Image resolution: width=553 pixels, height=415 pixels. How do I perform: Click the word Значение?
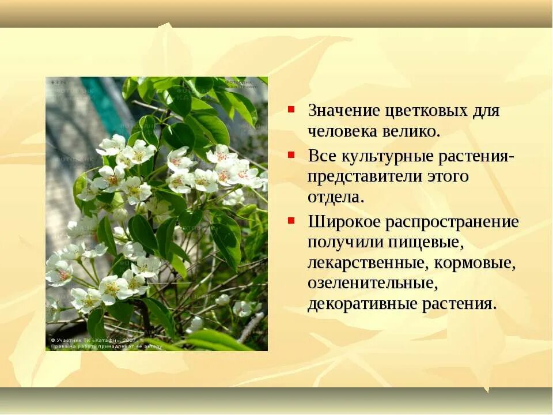click(x=343, y=111)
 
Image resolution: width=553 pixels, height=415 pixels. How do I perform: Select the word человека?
click(x=342, y=131)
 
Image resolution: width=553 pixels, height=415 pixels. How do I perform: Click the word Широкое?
click(x=343, y=222)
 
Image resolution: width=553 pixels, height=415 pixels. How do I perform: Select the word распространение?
click(x=452, y=222)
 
